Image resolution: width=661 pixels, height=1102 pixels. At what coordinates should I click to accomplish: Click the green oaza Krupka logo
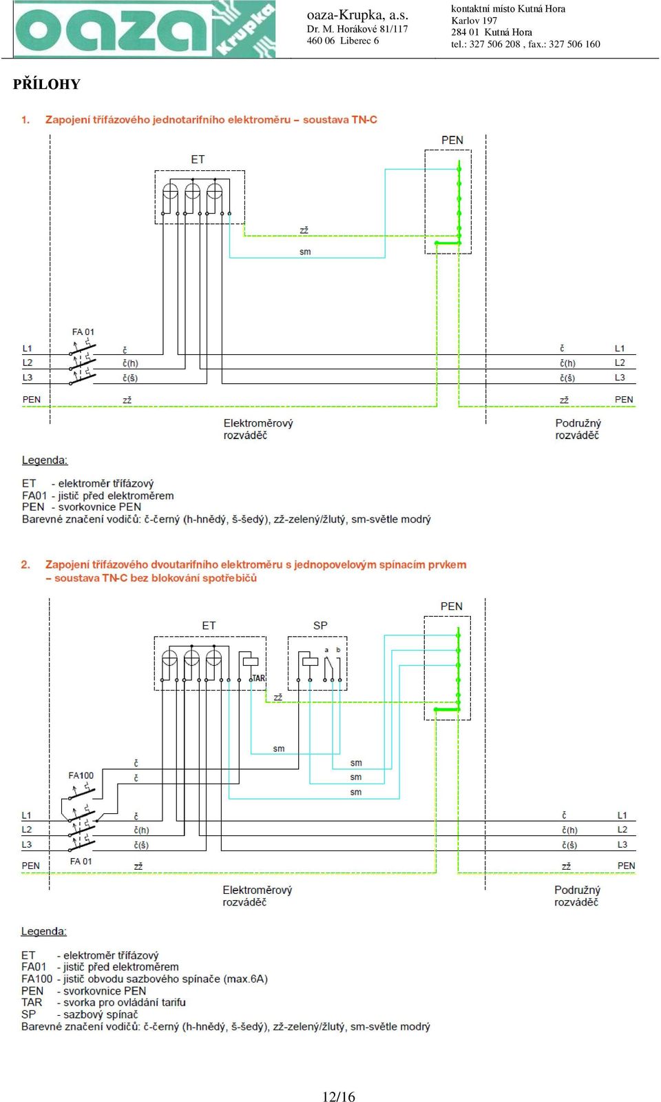click(145, 29)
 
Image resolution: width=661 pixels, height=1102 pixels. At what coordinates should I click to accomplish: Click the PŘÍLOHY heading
click(47, 84)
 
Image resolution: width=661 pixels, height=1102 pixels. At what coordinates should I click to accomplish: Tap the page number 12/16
click(338, 1096)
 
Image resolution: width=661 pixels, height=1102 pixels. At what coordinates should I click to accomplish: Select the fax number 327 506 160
click(574, 44)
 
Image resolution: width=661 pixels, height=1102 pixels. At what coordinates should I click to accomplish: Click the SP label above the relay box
click(320, 625)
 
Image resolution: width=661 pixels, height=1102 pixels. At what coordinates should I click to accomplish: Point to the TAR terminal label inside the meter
click(258, 678)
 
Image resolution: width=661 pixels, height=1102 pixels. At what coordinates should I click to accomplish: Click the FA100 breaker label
click(81, 775)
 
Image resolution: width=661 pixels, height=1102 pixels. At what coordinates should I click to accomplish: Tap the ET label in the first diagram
click(198, 159)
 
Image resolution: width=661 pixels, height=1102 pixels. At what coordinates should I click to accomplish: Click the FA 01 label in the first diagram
click(83, 332)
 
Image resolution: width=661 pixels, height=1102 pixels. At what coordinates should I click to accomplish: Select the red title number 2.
click(25, 564)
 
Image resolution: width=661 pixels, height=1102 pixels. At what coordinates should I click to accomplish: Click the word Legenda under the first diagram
click(45, 460)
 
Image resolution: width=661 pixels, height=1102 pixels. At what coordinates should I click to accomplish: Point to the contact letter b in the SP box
click(338, 650)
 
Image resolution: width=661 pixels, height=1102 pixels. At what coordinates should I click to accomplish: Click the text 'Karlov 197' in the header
click(474, 21)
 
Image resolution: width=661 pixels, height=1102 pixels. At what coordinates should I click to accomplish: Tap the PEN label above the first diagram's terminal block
click(452, 140)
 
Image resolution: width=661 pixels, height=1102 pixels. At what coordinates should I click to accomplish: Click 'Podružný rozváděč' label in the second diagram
click(578, 896)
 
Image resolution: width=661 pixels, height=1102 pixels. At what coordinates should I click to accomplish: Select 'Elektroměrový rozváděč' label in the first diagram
click(258, 429)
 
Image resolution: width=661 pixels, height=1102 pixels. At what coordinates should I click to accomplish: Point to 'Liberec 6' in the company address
click(359, 41)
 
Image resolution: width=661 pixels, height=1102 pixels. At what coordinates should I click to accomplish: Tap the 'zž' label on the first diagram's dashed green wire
click(304, 230)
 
